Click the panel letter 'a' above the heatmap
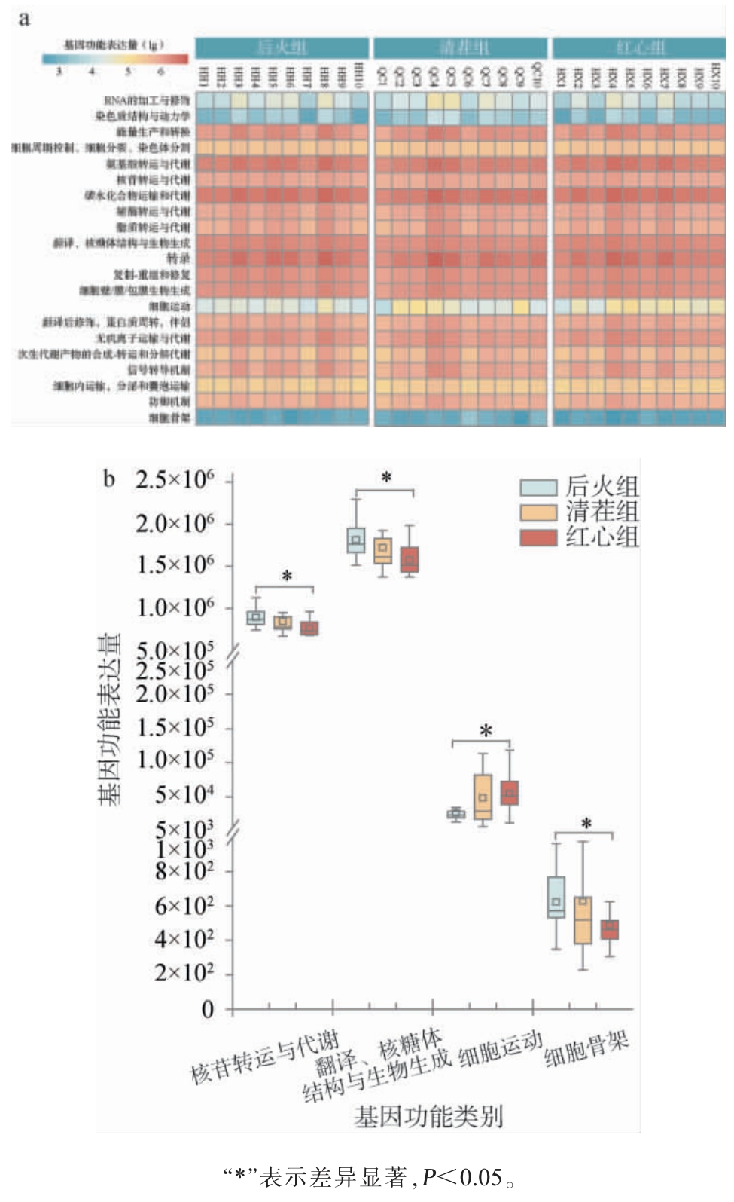[x=24, y=19]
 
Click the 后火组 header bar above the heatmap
[x=282, y=48]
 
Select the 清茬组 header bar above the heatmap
[x=463, y=48]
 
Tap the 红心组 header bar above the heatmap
[x=640, y=48]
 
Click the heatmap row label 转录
[x=178, y=258]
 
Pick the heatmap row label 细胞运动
[x=169, y=307]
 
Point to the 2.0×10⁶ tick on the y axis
[x=175, y=523]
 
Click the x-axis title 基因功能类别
[x=428, y=1116]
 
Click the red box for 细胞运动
[x=510, y=793]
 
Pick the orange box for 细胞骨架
[x=583, y=920]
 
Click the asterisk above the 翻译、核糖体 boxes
[x=386, y=477]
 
